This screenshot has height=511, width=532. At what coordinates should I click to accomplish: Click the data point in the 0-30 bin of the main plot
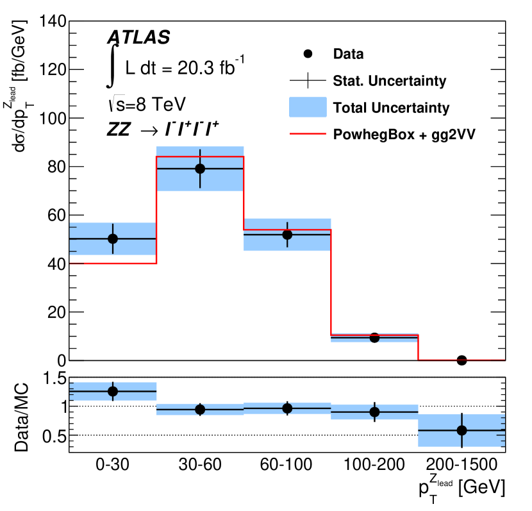pos(113,239)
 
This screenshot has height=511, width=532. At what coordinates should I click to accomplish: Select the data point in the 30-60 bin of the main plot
pos(200,169)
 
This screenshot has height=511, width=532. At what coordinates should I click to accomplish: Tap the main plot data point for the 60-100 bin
pos(287,235)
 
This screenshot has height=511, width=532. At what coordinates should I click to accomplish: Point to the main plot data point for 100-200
pos(374,337)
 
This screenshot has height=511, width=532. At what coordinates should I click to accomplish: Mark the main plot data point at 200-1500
pos(461,360)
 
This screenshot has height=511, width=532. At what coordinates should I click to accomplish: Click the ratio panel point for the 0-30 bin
pos(113,391)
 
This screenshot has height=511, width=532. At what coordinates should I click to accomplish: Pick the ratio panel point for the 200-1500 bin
pos(461,430)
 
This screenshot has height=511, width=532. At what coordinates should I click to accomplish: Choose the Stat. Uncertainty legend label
pos(390,81)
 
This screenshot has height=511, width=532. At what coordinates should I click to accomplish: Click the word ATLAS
pos(138,37)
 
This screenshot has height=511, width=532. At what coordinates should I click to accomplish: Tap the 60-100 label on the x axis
pos(287,467)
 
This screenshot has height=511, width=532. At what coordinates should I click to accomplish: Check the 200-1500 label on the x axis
pos(461,467)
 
